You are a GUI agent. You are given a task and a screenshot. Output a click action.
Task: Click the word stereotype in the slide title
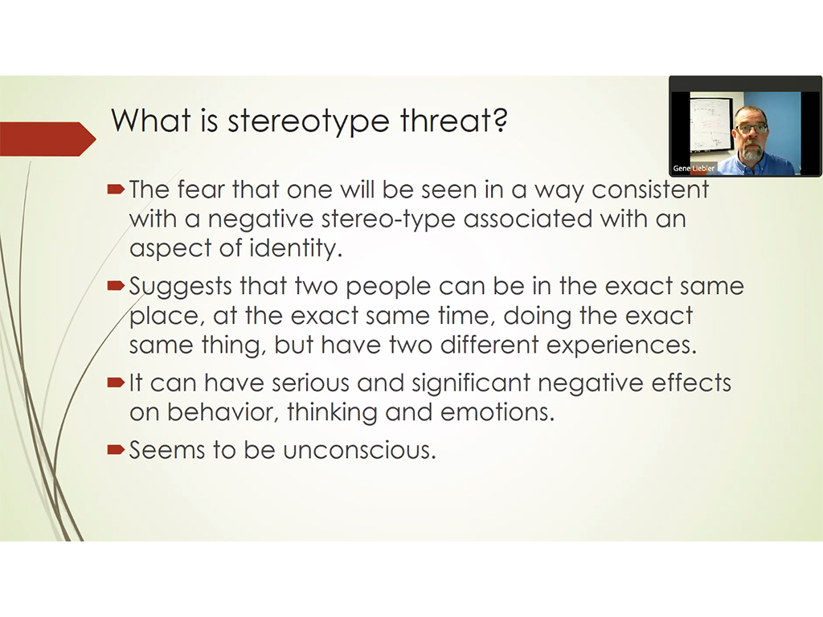tap(308, 121)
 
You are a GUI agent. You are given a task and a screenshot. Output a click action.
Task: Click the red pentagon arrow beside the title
tap(47, 139)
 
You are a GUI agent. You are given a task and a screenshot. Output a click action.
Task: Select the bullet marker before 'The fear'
tap(116, 189)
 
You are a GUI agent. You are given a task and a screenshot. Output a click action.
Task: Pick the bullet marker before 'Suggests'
tap(116, 286)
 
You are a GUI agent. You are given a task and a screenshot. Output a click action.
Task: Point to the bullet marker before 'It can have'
tap(116, 382)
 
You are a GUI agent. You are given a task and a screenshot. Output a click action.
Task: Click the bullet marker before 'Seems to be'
tap(116, 450)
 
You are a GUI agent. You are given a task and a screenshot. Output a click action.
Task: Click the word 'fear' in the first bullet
tap(201, 190)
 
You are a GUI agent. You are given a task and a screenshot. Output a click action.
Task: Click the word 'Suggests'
tap(181, 287)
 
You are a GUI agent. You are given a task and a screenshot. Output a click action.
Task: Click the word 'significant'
tap(471, 383)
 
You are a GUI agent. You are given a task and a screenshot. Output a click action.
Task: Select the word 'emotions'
tap(497, 413)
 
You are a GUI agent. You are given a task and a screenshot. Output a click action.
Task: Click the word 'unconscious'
tap(359, 451)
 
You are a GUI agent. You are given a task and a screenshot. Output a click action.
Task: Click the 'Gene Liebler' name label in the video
tap(694, 169)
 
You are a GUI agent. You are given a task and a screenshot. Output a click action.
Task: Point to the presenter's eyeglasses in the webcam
tap(751, 128)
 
